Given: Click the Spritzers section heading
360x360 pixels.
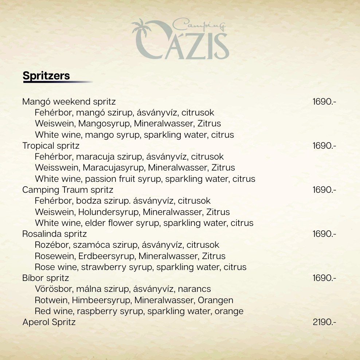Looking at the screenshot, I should (46, 76).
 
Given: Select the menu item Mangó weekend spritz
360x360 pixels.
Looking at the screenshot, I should (69, 101).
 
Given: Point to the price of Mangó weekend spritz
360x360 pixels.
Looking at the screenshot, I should (324, 101).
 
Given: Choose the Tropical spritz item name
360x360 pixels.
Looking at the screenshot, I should (51, 146).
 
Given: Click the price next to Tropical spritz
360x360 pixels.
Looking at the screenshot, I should (324, 146).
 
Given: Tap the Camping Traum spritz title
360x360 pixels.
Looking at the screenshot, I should (68, 190).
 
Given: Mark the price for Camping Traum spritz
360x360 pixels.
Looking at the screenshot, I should (324, 190).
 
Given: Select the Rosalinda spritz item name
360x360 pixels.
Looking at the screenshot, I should (54, 234).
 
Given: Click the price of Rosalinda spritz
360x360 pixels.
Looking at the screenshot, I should (324, 234).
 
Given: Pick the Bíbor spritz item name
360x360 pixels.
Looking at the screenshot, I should (46, 278).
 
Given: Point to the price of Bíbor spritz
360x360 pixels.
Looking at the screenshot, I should (324, 278).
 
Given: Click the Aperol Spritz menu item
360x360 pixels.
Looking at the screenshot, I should (49, 322).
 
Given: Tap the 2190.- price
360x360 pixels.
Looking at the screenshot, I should (324, 322).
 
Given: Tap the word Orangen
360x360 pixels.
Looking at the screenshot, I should (215, 301).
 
